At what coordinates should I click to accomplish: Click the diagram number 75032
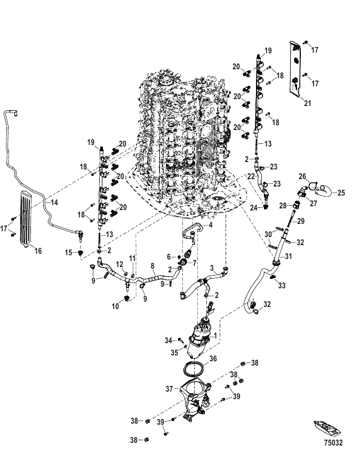333,442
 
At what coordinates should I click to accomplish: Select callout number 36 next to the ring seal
213,359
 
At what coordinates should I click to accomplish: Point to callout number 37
169,389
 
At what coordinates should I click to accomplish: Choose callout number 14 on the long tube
54,203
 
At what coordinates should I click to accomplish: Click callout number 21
307,103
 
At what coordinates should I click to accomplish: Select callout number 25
341,192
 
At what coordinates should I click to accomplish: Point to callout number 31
288,256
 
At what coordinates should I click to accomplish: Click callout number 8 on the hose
153,266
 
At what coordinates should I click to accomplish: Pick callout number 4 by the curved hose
211,225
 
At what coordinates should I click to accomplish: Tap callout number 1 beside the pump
215,336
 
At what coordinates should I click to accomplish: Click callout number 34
169,341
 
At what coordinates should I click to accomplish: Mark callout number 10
115,306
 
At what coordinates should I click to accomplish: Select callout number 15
68,253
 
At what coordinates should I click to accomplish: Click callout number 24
253,207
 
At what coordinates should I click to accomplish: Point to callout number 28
283,205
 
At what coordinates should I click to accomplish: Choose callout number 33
282,286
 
